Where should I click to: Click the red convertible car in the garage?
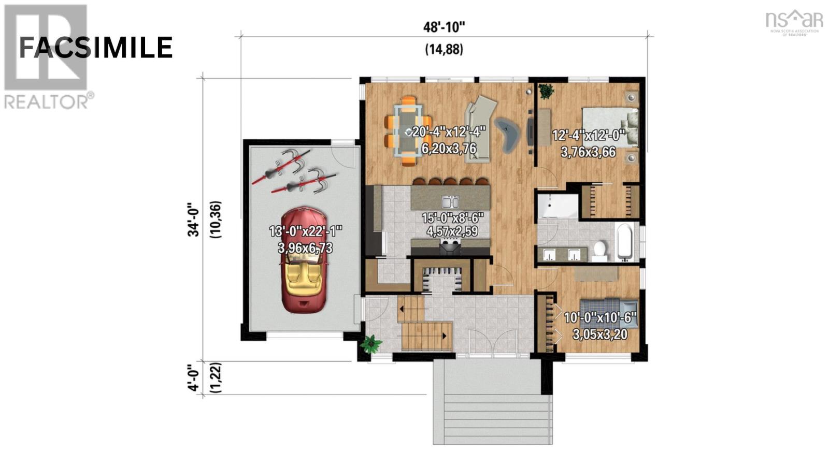304,260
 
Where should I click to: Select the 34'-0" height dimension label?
193,220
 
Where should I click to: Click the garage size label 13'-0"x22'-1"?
306,231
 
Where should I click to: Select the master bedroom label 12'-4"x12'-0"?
589,136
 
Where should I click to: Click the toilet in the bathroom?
599,249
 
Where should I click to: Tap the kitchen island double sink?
450,201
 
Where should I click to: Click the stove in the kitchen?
450,247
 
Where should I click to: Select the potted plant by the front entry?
371,344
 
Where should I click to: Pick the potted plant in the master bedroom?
546,92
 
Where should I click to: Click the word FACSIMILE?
96,48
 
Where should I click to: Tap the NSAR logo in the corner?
794,22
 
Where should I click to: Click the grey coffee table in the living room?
508,134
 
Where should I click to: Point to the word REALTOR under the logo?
46,101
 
